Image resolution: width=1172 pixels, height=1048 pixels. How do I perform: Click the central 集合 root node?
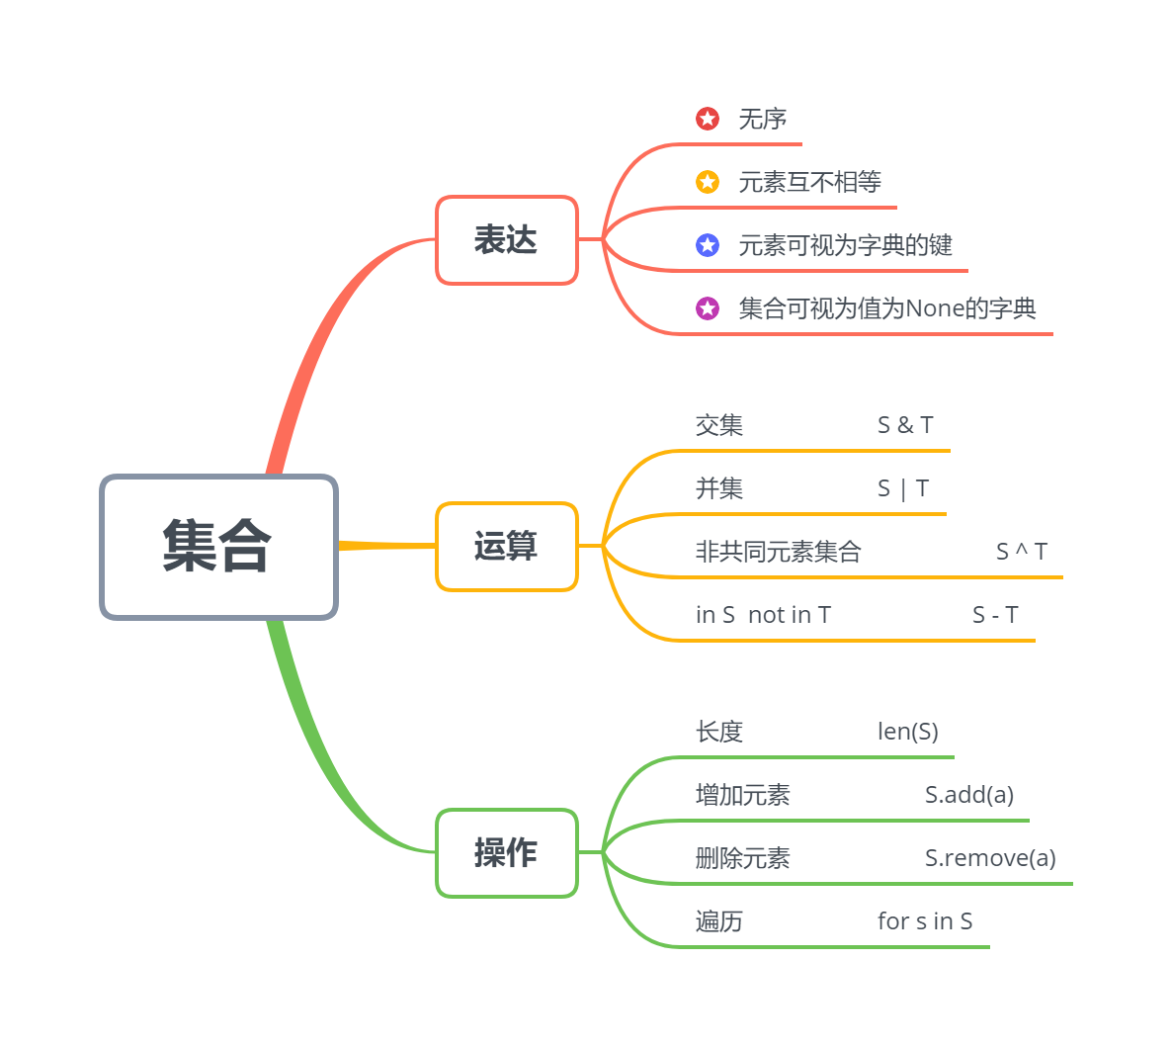point(218,547)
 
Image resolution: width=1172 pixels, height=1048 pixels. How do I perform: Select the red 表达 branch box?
point(506,240)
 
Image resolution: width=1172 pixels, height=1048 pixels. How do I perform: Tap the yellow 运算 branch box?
point(506,547)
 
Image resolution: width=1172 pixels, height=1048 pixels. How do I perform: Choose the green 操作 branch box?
point(506,853)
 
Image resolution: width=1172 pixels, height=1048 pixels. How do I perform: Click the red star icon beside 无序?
point(708,119)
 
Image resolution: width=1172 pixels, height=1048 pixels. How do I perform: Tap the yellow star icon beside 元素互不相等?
point(708,182)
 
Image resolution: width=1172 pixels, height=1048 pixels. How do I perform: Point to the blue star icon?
point(708,245)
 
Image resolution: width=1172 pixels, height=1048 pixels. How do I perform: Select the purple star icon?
point(708,308)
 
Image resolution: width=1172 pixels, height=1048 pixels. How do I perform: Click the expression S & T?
point(905,425)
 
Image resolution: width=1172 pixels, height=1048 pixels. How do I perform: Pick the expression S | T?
point(903,488)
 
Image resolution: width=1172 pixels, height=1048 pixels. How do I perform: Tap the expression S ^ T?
point(1022,552)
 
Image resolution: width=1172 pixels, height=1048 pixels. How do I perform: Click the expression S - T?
point(995,615)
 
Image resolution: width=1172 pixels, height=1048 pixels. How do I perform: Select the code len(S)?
point(908,732)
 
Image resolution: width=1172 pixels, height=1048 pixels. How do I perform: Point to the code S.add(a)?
point(969,795)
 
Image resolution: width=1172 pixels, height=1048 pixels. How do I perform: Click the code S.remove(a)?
point(990,858)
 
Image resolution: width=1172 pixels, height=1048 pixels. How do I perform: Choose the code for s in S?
point(925,921)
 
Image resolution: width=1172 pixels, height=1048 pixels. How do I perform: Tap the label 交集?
point(719,425)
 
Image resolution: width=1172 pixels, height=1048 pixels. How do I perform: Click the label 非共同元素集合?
point(779,552)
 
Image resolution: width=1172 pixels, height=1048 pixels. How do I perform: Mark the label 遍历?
point(719,921)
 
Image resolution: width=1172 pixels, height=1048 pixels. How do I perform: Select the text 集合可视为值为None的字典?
point(887,308)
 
